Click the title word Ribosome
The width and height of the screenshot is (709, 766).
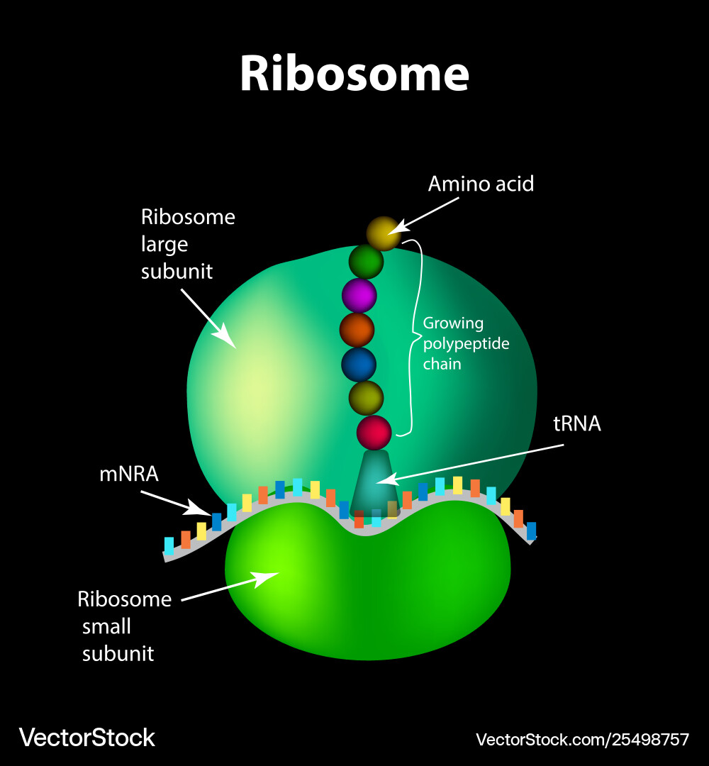[x=354, y=73]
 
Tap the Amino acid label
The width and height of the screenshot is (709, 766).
[x=480, y=184]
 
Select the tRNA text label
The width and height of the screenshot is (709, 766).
[x=576, y=424]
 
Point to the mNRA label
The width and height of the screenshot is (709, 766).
[x=128, y=474]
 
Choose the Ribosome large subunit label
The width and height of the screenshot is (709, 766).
[x=187, y=244]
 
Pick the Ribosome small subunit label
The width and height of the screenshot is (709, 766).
[x=124, y=626]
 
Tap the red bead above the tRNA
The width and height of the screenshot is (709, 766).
[x=374, y=433]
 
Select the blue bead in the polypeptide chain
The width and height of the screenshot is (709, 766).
[x=359, y=364]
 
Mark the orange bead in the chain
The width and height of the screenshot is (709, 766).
[x=357, y=330]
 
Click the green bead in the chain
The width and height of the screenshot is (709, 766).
[x=366, y=262]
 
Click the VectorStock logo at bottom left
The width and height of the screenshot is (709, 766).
[x=86, y=738]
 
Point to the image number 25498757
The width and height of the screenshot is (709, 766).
[x=645, y=740]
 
